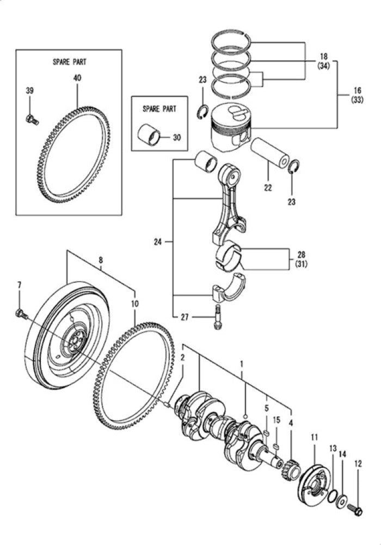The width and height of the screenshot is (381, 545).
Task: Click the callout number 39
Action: pyautogui.click(x=30, y=90)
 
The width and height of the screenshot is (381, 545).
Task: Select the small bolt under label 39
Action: pyautogui.click(x=32, y=119)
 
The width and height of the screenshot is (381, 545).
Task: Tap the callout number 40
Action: pyautogui.click(x=77, y=78)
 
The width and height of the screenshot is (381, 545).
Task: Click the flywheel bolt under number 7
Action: pyautogui.click(x=21, y=313)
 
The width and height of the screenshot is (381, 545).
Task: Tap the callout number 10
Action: pyautogui.click(x=134, y=303)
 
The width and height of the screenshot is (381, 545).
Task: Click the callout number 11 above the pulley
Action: pyautogui.click(x=314, y=437)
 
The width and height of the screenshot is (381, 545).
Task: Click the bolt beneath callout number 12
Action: pyautogui.click(x=358, y=511)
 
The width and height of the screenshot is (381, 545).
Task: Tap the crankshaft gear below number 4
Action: pyautogui.click(x=291, y=469)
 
